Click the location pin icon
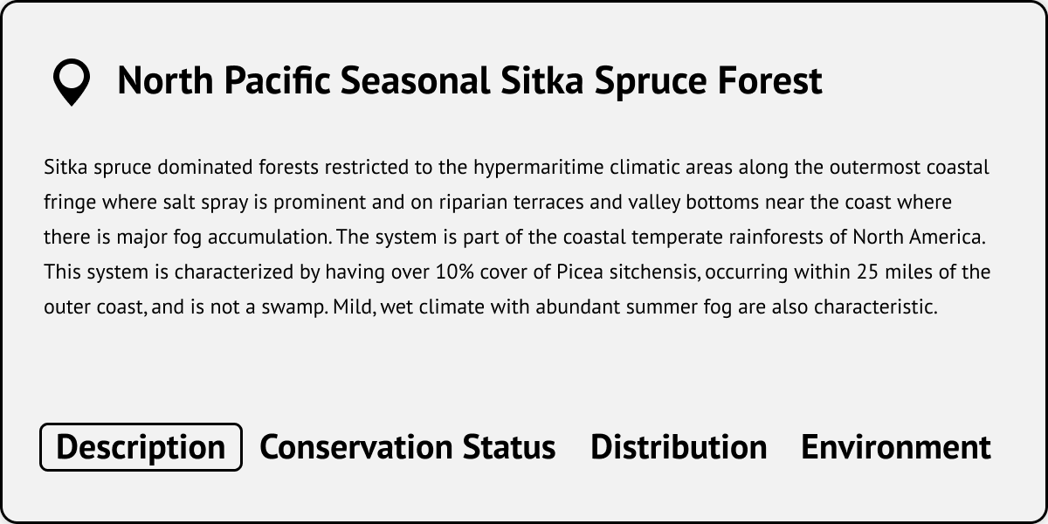[x=72, y=82]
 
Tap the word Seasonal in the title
[x=415, y=80]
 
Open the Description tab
[x=141, y=447]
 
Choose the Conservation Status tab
[x=408, y=447]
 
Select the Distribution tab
[x=679, y=447]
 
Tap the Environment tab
[x=896, y=447]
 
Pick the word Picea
[x=580, y=272]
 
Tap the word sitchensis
[x=654, y=272]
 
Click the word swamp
[x=295, y=307]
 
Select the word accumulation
[x=270, y=238]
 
